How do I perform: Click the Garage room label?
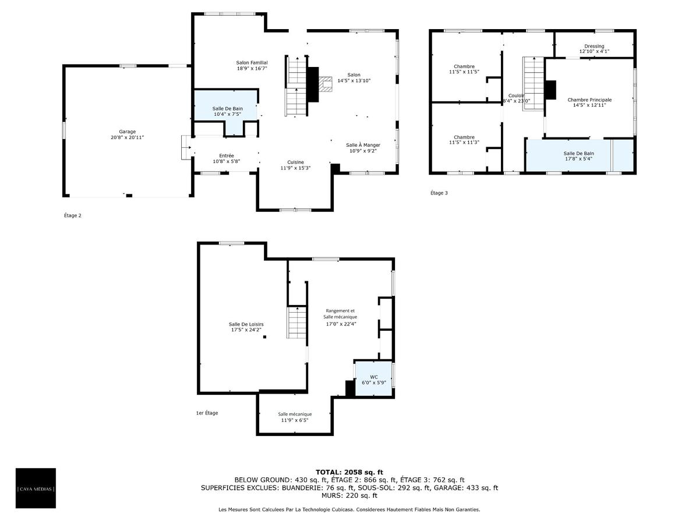point(127,132)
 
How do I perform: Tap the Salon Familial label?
point(252,63)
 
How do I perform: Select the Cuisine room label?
point(295,162)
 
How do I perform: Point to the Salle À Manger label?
point(363,145)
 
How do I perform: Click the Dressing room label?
point(594,46)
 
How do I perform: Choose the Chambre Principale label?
point(589,100)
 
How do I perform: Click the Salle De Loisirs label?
point(246,324)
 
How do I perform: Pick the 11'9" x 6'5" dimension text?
point(295,420)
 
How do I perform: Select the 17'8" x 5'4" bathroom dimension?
point(578,159)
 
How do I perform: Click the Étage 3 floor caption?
point(439,193)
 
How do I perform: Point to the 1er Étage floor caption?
point(207,413)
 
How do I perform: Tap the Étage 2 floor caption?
point(73,215)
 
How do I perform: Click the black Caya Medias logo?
point(36,488)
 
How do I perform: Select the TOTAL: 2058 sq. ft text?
point(349,472)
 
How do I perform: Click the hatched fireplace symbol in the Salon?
point(325,84)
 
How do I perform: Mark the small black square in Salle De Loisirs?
point(264,337)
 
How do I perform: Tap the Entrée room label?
point(227,155)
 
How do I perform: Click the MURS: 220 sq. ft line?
point(349,495)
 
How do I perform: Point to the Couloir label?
point(516,95)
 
